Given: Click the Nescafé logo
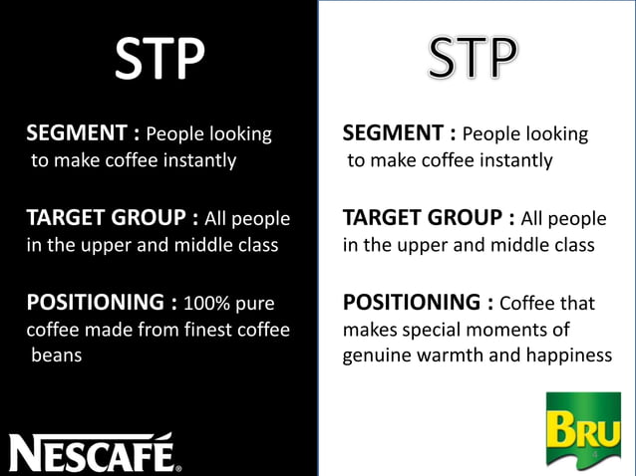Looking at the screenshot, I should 96,452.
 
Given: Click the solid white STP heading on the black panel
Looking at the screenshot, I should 159,61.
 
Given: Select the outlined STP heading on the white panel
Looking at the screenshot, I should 475,61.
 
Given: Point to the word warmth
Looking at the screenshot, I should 466,356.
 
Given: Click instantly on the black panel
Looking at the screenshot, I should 192,159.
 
